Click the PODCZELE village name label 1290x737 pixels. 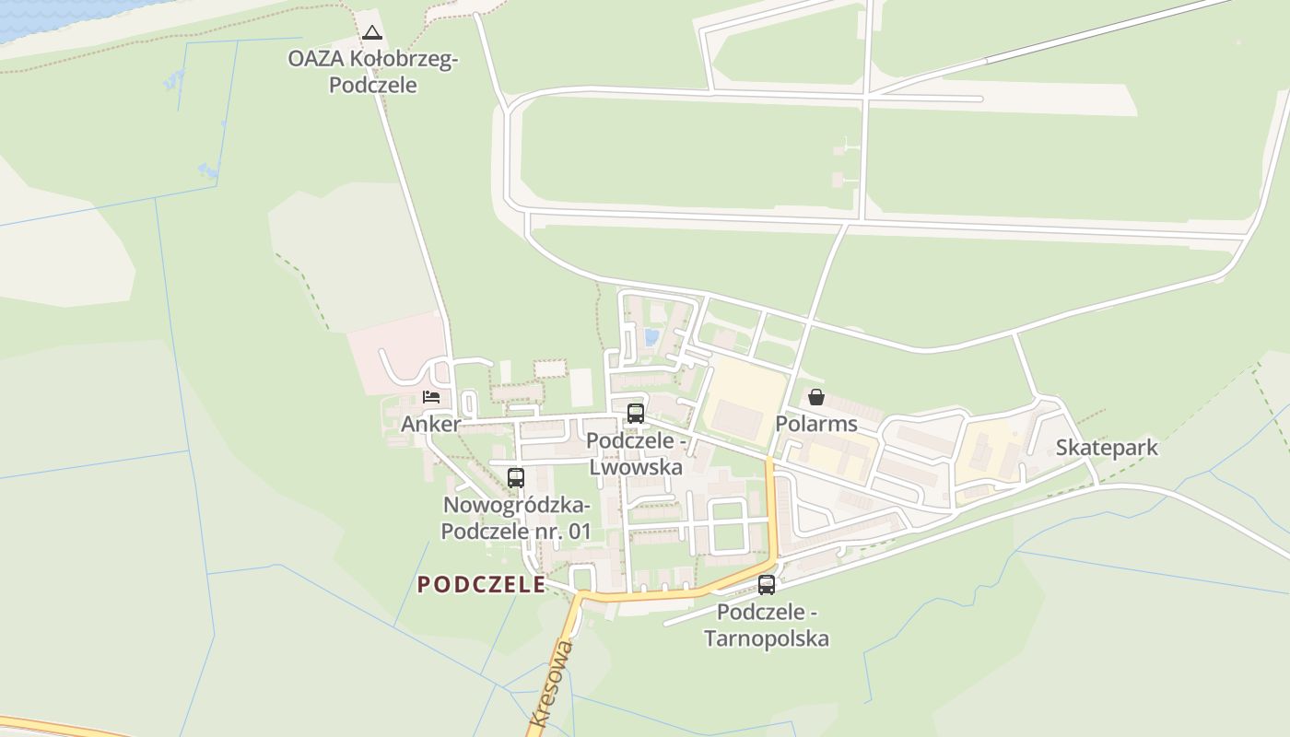coord(481,584)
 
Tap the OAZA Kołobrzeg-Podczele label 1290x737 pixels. coord(372,72)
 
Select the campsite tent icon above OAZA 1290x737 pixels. coord(372,34)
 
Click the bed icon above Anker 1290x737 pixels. coord(430,397)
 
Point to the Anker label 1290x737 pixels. coord(430,425)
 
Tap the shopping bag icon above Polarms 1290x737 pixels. coord(816,397)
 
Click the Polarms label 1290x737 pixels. coord(816,424)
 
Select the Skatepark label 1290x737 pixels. coord(1107,448)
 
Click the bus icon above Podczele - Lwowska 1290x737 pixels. coord(636,414)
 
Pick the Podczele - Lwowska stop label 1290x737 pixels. coord(636,454)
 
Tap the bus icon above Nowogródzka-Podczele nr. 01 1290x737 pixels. coord(516,477)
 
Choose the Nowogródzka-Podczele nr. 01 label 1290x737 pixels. coord(516,518)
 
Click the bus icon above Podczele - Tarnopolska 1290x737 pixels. coord(767,584)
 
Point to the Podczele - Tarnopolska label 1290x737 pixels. coord(767,626)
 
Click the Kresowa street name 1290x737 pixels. coord(552,684)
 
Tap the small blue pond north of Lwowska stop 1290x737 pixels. coord(652,337)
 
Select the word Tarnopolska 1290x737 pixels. coord(767,638)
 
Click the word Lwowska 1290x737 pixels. coord(636,467)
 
